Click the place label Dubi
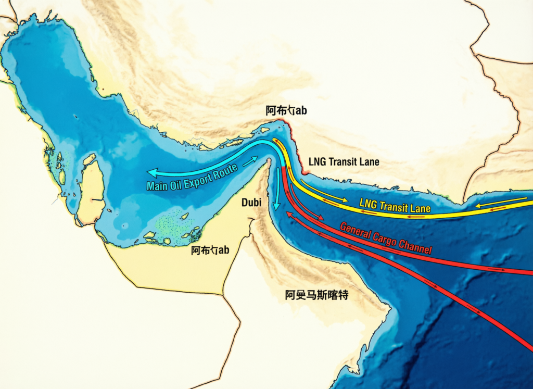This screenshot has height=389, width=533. coord(251,203)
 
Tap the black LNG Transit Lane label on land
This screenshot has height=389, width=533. coord(344,161)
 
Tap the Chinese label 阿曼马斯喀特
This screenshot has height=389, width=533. coord(316,295)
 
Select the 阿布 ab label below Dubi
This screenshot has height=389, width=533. coord(210,250)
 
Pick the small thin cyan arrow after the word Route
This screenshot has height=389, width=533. coord(250,160)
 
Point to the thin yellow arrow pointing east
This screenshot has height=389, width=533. coord(324,192)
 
